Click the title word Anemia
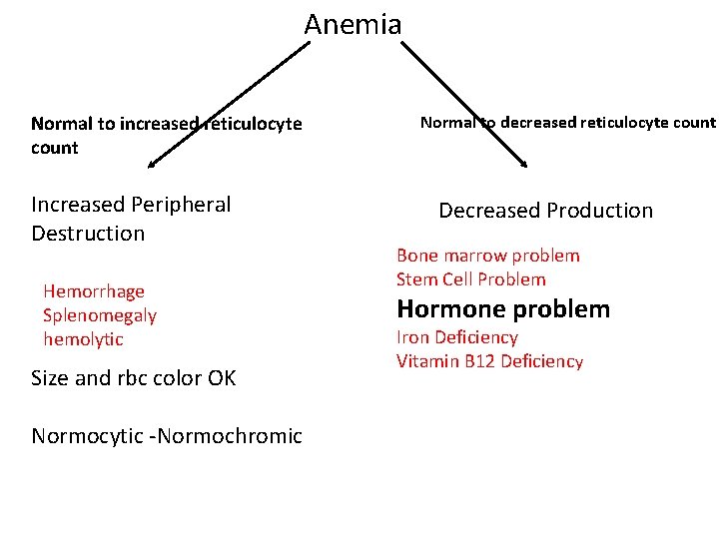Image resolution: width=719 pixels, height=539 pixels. [353, 24]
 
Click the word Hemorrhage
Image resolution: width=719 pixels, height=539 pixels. [94, 291]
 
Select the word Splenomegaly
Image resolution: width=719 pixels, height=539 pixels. [100, 315]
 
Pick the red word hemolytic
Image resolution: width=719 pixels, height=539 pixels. [83, 339]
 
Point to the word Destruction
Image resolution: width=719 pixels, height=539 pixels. [88, 234]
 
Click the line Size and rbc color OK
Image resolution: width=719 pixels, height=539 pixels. [133, 378]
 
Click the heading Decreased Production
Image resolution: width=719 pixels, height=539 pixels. [545, 211]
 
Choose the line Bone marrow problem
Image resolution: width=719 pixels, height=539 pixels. [487, 256]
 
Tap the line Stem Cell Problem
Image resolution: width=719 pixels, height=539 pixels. [470, 279]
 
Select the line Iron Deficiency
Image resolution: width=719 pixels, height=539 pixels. [456, 337]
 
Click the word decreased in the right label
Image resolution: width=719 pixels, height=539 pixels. [544, 123]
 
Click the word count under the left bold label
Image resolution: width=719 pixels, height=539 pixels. [54, 148]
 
